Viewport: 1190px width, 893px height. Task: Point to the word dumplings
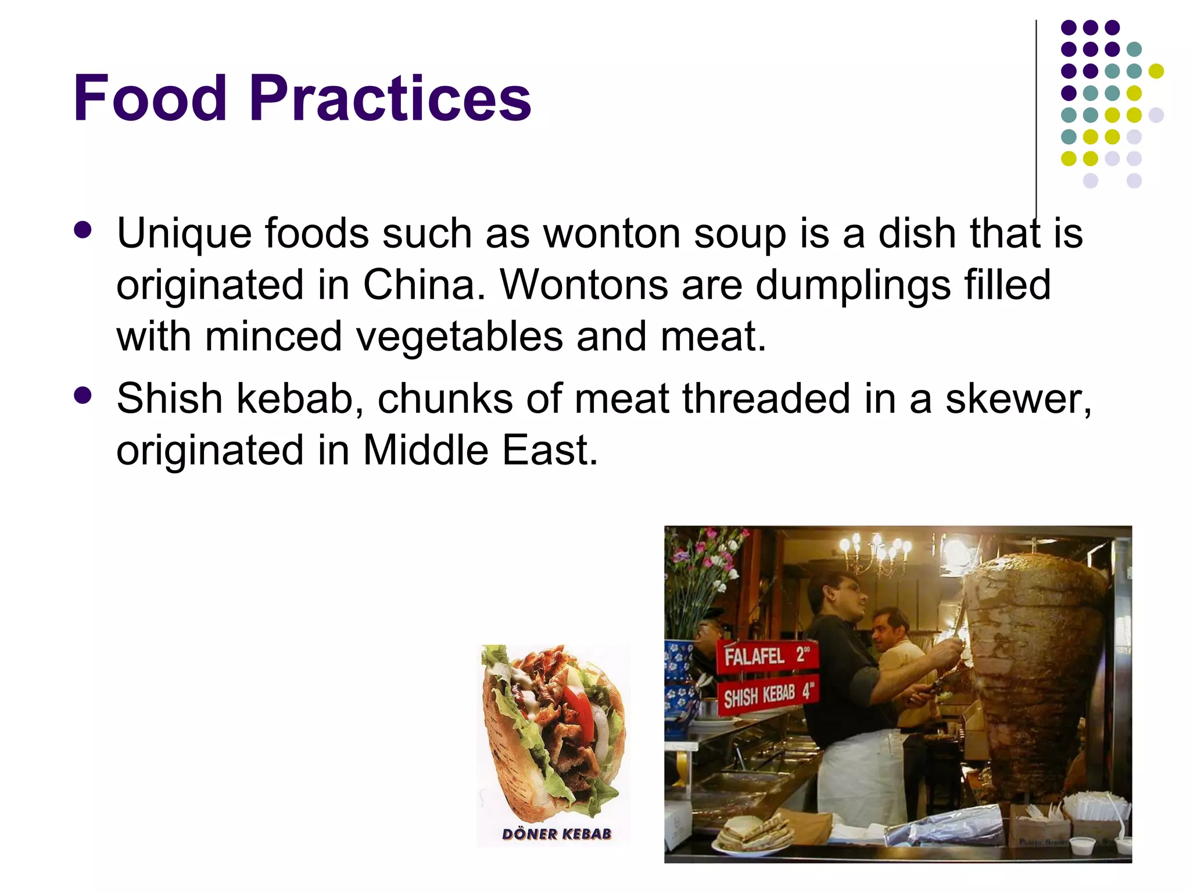point(853,285)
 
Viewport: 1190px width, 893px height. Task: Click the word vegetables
point(459,337)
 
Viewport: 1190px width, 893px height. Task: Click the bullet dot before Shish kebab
point(83,396)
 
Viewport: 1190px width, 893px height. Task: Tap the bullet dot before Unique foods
point(83,230)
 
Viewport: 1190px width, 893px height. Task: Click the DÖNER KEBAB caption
point(557,834)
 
